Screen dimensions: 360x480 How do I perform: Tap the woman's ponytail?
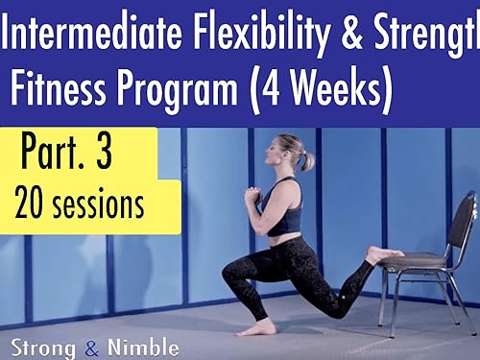pos(306,159)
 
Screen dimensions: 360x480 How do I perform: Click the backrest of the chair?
pos(463,221)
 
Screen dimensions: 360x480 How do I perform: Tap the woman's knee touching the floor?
pos(337,309)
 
